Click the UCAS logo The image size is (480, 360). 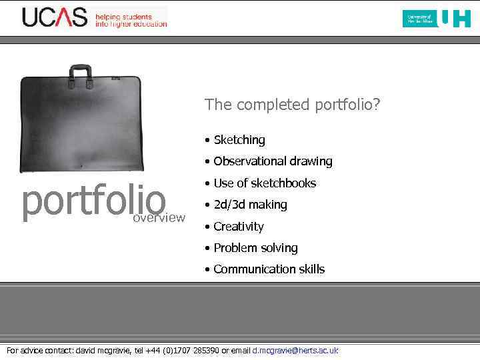55,17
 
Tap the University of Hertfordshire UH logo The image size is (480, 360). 437,18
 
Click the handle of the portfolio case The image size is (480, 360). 81,70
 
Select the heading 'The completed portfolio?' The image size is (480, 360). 292,105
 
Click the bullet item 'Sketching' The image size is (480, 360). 239,140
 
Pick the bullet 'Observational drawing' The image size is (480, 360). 272,161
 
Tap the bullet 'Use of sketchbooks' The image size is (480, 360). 264,183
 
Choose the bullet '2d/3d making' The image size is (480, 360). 250,205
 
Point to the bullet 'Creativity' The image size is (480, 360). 238,227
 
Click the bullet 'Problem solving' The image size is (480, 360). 255,248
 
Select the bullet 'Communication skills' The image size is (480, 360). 269,269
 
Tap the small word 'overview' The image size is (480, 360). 159,218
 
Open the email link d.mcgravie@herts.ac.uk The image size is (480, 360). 295,351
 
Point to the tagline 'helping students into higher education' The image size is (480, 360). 131,20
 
